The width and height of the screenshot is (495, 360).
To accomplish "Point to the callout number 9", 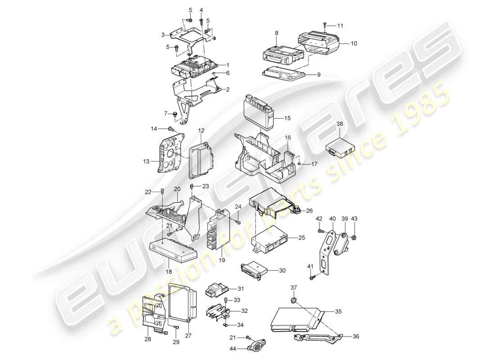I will [x=319, y=75].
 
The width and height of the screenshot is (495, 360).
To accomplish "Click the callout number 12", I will [x=201, y=130].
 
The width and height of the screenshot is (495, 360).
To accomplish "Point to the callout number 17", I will [x=314, y=165].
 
